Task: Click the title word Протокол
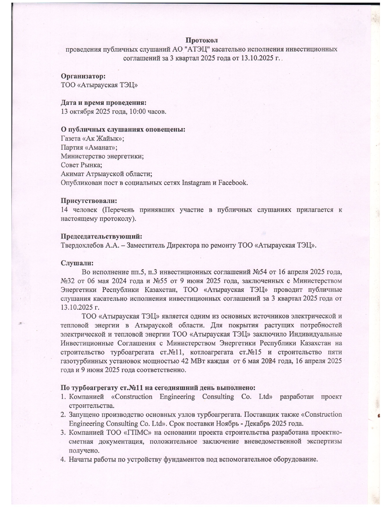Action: [x=201, y=40]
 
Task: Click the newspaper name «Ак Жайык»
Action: [x=102, y=138]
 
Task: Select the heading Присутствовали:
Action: [x=89, y=201]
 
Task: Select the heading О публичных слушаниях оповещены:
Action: [x=123, y=129]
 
